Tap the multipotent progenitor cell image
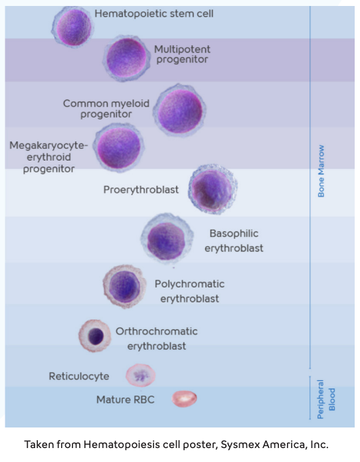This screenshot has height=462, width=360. coord(126,58)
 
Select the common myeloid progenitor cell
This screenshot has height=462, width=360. coord(179,110)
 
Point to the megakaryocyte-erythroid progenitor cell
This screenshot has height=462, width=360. coord(119,147)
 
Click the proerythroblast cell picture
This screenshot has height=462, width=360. coord(213,190)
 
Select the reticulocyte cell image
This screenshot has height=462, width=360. coord(140,376)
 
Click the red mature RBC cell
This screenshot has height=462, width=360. coord(185,399)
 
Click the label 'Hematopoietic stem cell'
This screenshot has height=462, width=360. coord(154,13)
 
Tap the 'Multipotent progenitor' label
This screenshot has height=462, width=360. coord(181,54)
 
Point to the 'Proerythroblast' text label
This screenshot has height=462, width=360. coord(141,190)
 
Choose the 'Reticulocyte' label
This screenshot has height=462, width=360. coord(79,376)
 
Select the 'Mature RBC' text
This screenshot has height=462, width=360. coord(126,400)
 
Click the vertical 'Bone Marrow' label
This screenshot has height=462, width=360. coord(321,171)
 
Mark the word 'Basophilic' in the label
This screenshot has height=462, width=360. coord(234,234)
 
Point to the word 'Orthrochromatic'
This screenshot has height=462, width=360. coord(157,331)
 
